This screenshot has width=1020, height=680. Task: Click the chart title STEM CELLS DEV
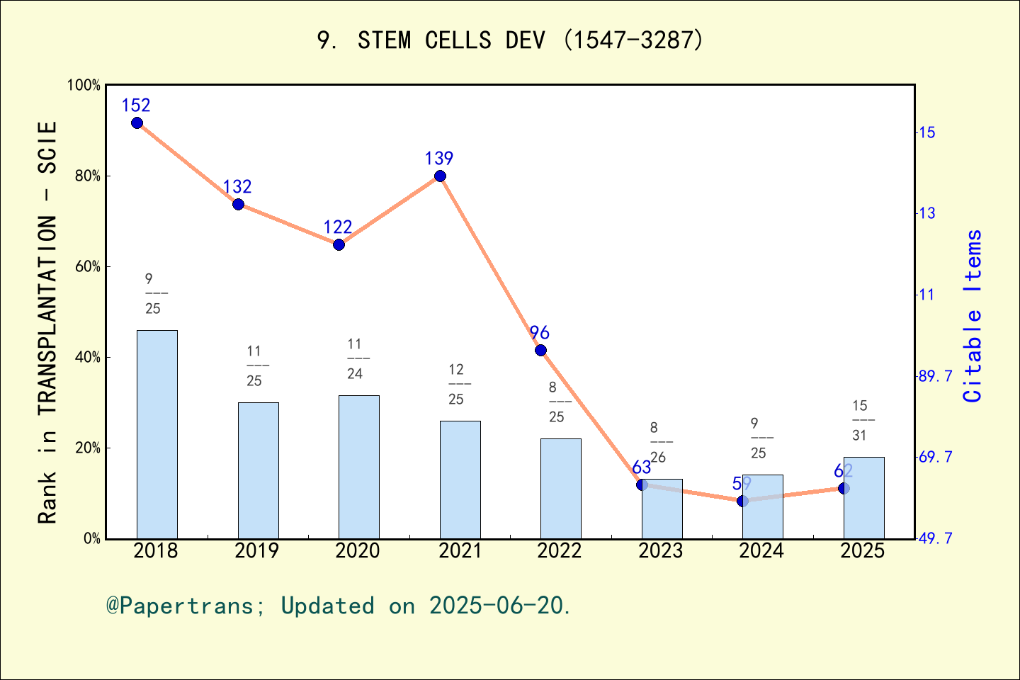pos(510,40)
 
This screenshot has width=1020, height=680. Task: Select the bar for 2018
pos(157,434)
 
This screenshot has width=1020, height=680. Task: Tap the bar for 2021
pos(460,480)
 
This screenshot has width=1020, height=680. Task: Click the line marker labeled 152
pos(137,123)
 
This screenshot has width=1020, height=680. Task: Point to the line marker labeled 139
pos(440,176)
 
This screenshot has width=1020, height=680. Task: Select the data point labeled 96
pos(540,351)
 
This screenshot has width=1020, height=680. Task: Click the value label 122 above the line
pos(338,227)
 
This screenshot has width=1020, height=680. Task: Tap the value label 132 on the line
pos(237,187)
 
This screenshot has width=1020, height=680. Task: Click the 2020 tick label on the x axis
pos(358,551)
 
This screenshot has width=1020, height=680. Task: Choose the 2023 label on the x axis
pos(660,551)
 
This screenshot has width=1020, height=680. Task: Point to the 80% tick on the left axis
pos(88,176)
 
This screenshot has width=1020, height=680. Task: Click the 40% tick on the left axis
pos(88,358)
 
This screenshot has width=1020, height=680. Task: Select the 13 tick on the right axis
pos(926,213)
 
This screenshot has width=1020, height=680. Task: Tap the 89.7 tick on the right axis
pos(935,376)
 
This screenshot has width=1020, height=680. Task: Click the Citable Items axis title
pos(973,316)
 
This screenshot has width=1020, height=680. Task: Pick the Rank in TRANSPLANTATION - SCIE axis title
pos(47,322)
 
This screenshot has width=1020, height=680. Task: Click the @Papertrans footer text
pos(338,606)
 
